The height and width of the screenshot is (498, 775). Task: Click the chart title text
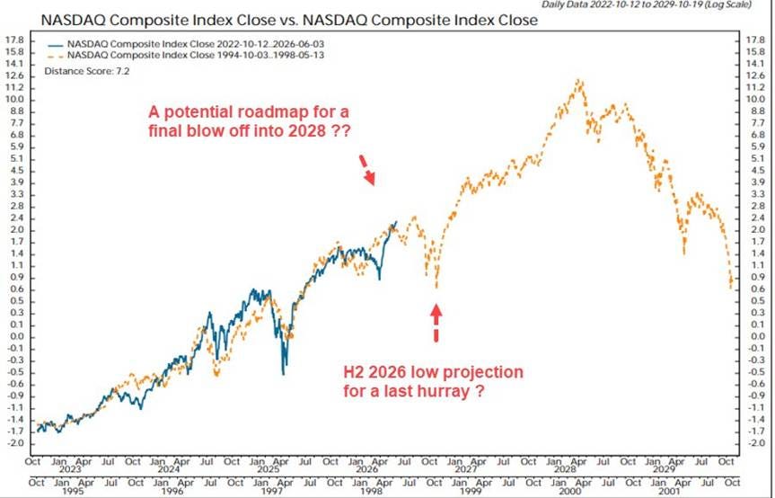(289, 21)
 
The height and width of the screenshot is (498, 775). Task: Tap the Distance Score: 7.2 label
(86, 71)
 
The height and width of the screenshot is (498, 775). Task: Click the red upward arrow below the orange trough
(436, 323)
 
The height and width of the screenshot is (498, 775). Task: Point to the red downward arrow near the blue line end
(366, 170)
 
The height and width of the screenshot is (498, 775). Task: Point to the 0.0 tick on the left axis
(17, 337)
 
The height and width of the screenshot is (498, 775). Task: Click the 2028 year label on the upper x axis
(566, 469)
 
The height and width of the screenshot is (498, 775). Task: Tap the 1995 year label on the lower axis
(73, 491)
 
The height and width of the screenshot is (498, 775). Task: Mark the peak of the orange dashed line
(578, 80)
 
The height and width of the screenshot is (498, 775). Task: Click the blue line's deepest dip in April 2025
(283, 374)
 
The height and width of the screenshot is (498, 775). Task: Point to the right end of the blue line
(396, 221)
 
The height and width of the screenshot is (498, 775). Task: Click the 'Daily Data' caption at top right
(647, 4)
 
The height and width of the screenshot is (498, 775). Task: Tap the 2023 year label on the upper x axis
(70, 469)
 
